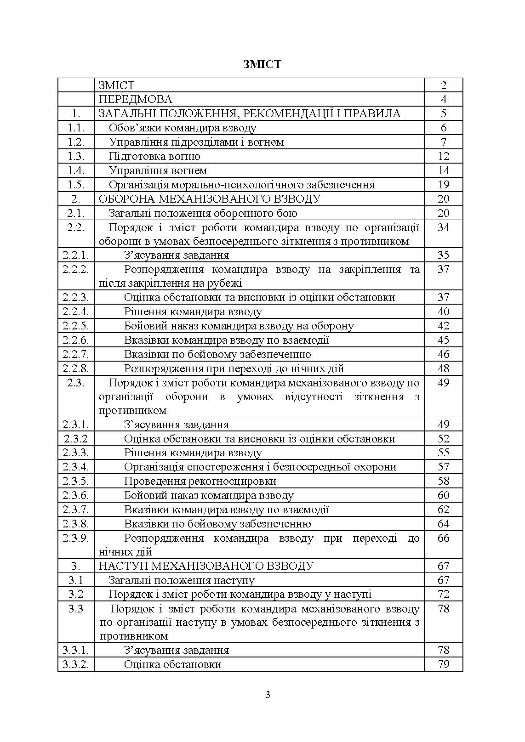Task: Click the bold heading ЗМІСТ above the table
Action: (262, 64)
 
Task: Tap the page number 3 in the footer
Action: (268, 694)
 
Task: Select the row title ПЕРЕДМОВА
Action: (135, 99)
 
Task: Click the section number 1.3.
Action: (76, 156)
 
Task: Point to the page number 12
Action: (443, 156)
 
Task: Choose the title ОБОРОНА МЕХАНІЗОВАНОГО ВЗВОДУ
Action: (210, 199)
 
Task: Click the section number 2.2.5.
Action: (76, 326)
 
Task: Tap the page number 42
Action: (443, 326)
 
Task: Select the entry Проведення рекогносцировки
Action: (200, 481)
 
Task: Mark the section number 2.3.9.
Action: (76, 538)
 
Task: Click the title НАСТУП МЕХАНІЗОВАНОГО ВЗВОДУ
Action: (206, 566)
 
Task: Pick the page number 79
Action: (443, 664)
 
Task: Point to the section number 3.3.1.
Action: (76, 650)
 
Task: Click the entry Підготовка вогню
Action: (154, 156)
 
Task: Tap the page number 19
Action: (443, 185)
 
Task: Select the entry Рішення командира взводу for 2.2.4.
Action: (193, 312)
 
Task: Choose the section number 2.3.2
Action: (76, 439)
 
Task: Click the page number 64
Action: (443, 524)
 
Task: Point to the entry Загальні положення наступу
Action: (182, 580)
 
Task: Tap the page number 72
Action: (443, 594)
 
